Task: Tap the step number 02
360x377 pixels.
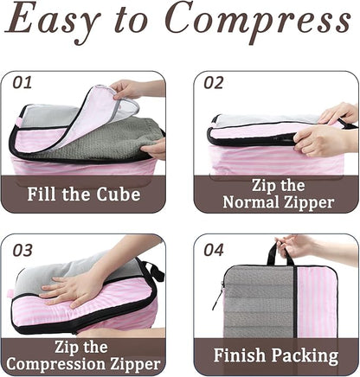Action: [215, 83]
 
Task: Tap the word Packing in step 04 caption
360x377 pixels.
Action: [304, 355]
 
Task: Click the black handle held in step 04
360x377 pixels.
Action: [275, 253]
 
